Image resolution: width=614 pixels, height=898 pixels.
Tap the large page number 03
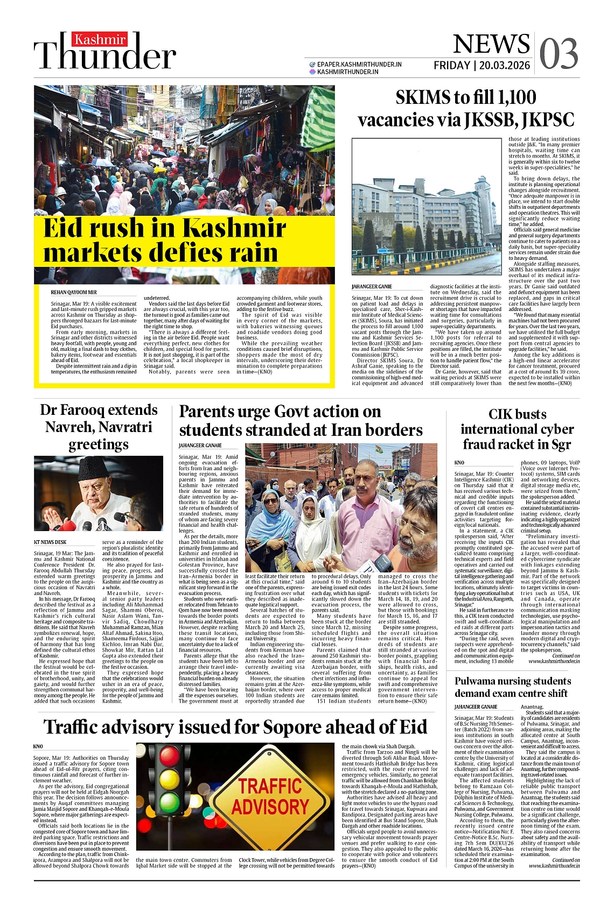coord(559,54)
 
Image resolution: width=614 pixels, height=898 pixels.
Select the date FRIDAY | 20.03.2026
coord(482,66)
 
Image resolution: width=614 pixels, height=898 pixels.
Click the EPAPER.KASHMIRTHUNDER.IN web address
coord(359,64)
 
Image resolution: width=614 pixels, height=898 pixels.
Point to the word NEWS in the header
coord(491,44)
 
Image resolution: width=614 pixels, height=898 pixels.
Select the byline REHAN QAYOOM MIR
coord(74,292)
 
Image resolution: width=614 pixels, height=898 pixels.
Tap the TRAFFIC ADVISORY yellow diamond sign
coord(270,796)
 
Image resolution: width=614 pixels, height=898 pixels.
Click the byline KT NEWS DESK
coord(50,542)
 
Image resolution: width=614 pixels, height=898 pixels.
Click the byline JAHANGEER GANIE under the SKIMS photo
coord(372,287)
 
